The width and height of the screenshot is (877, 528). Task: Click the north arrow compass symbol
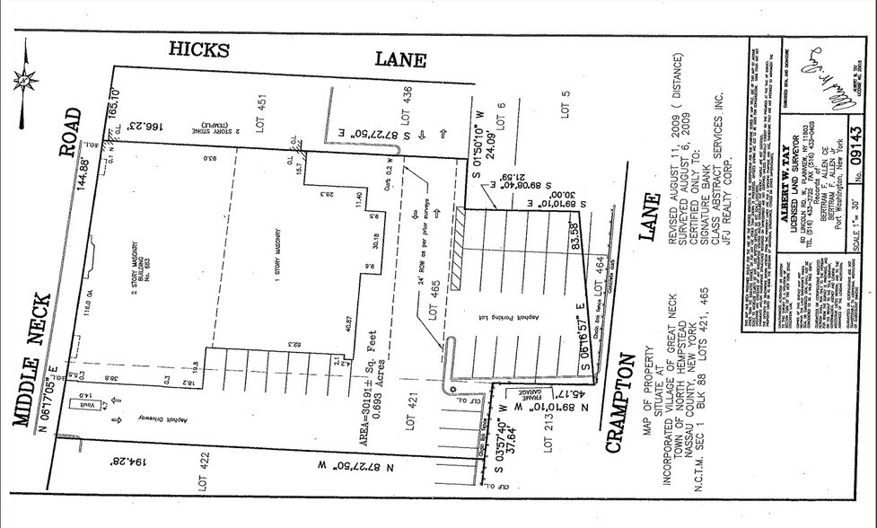coord(24,79)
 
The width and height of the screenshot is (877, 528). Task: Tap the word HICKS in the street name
coord(199,48)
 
